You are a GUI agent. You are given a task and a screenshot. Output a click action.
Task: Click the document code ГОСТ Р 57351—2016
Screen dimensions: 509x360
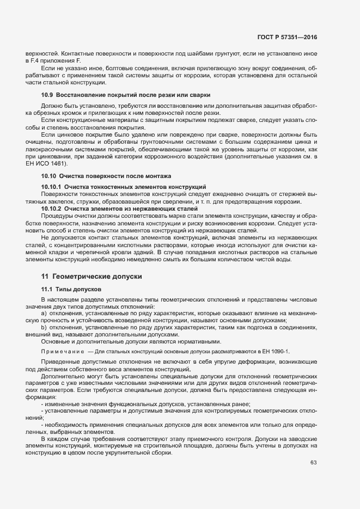pyautogui.click(x=287, y=38)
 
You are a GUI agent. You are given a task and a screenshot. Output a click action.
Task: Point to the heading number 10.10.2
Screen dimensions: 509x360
pyautogui.click(x=51, y=209)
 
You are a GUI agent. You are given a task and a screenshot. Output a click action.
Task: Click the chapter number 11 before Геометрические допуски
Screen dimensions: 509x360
pyautogui.click(x=45, y=277)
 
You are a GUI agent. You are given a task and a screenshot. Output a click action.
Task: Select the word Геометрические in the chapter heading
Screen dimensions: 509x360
pyautogui.click(x=83, y=277)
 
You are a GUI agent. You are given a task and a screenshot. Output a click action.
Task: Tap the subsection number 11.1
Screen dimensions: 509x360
pyautogui.click(x=47, y=289)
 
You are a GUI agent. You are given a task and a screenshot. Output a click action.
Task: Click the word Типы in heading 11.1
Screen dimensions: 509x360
pyautogui.click(x=64, y=289)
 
